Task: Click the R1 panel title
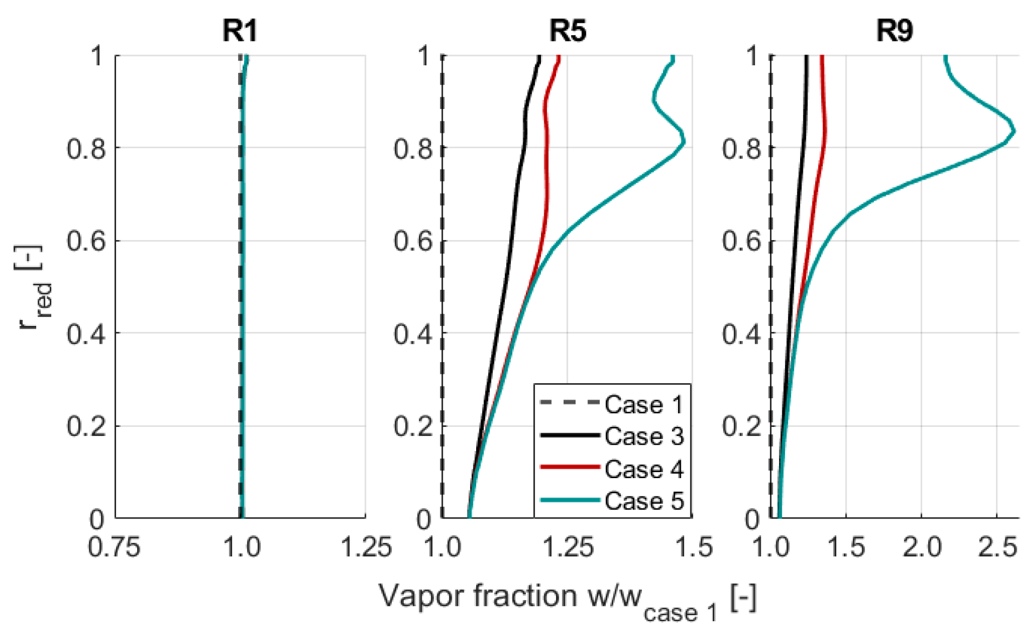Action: click(240, 30)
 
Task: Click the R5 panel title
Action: click(567, 30)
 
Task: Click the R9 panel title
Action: click(894, 30)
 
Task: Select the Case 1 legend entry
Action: click(644, 404)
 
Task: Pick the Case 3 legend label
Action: click(644, 436)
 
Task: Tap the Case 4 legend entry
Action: click(644, 468)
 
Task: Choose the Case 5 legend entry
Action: click(644, 501)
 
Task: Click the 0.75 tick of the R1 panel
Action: click(114, 547)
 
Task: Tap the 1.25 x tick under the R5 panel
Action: click(567, 547)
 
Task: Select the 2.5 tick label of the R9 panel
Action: click(997, 547)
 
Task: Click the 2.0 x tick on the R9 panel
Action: click(922, 547)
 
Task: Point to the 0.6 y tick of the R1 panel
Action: click(86, 241)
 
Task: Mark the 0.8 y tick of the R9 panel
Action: click(741, 148)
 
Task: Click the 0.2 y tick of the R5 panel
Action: click(412, 426)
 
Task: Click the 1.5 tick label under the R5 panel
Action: click(694, 547)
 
